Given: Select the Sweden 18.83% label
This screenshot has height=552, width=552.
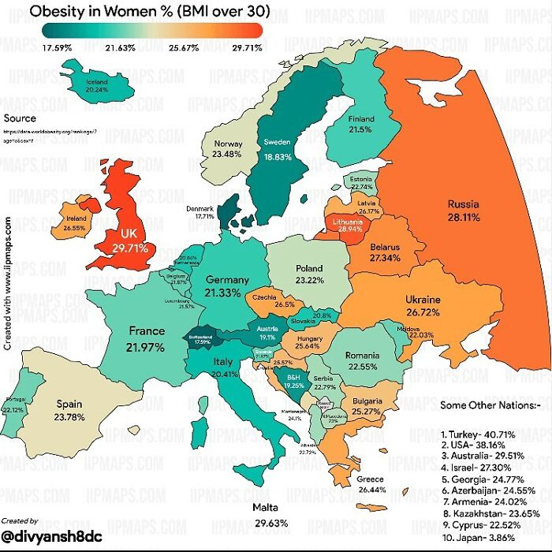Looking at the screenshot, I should [x=278, y=157].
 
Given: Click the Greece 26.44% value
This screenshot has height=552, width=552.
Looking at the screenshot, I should [x=371, y=490].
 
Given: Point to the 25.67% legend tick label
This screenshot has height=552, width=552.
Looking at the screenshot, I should [x=186, y=48].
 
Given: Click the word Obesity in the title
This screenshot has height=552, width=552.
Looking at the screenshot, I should [x=60, y=12].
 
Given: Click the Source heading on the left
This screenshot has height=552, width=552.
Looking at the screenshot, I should [x=20, y=118].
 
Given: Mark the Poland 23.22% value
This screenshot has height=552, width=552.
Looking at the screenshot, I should [x=304, y=280].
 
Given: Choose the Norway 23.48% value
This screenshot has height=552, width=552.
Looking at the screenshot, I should [x=228, y=155].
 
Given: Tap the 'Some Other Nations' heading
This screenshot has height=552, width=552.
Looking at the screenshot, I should [x=490, y=405].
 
